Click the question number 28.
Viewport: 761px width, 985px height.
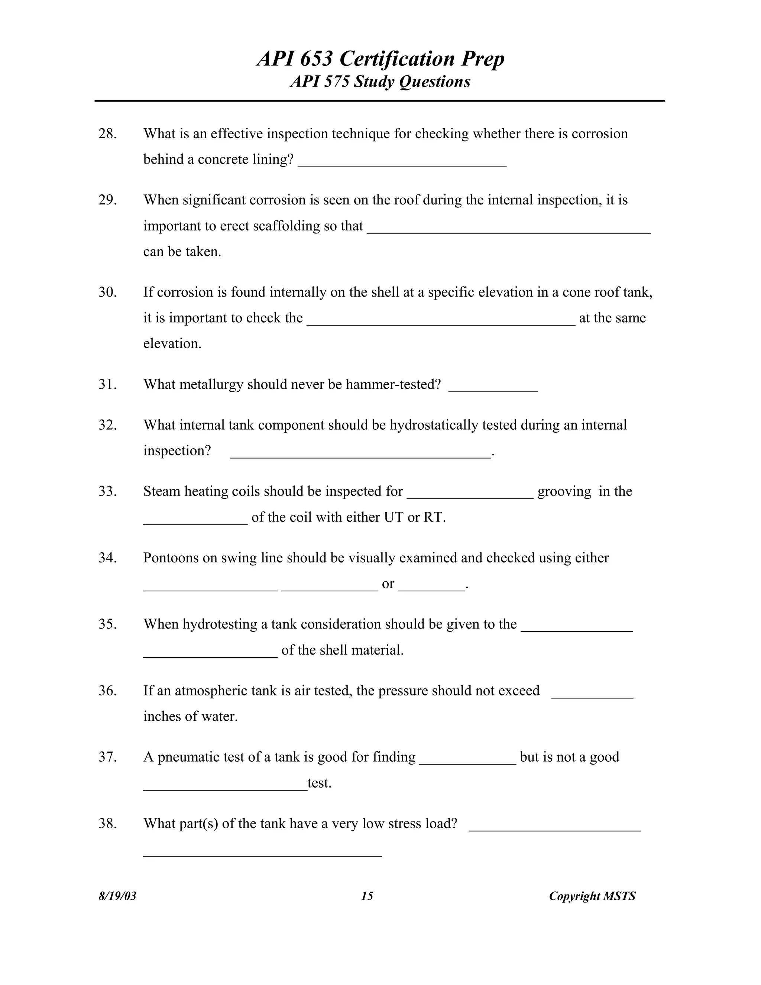point(107,134)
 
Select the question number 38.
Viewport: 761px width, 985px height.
point(107,824)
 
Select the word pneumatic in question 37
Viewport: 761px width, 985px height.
point(188,757)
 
